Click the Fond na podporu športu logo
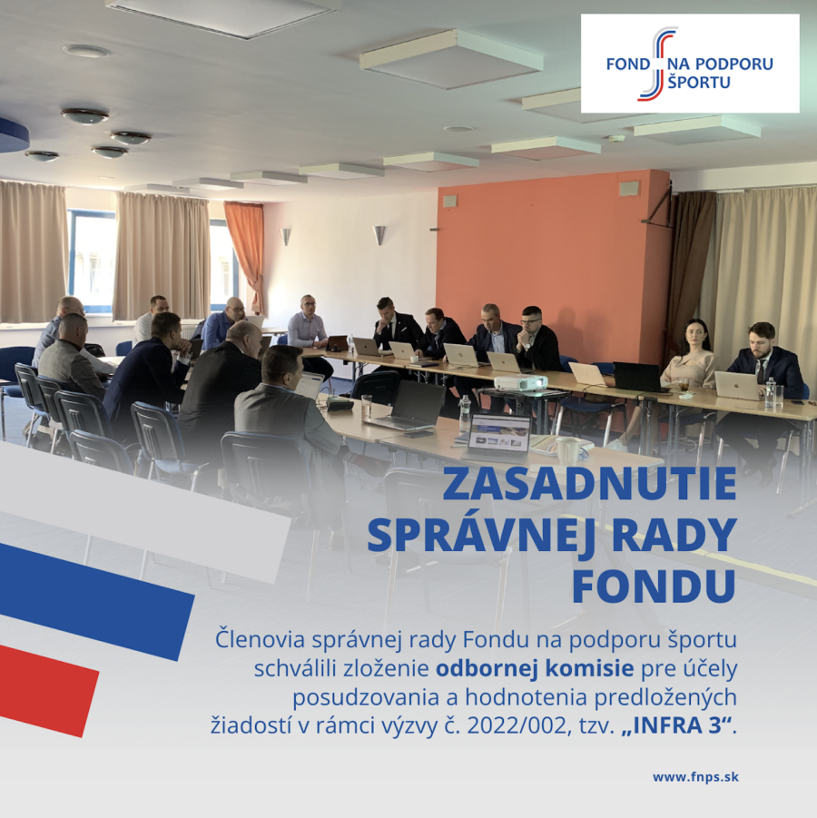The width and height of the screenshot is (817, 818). pos(690,64)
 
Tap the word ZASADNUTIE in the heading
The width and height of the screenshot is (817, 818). pos(589,483)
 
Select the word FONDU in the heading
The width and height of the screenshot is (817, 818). pos(655,586)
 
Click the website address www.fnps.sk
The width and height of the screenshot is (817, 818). pos(695,777)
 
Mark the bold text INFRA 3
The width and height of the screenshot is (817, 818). pos(677,725)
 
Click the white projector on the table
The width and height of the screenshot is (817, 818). pos(520,382)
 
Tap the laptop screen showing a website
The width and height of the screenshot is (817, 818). pos(499,432)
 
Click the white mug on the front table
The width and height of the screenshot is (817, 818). pos(568,450)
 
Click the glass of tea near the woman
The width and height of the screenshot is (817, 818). pos(684,385)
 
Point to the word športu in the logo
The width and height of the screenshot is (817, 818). pos(699,82)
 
